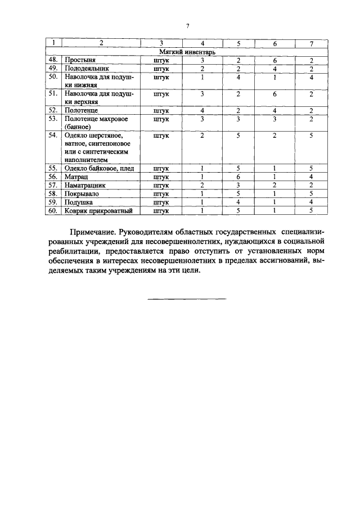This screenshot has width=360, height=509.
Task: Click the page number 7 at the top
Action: [x=187, y=26]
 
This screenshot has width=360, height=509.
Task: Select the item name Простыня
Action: [x=79, y=60]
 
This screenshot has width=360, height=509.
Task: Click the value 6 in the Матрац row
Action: [x=238, y=176]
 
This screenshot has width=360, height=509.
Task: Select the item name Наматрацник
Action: [x=85, y=184]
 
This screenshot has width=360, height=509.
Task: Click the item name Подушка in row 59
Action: [x=79, y=201]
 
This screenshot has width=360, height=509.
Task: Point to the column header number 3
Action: [x=161, y=43]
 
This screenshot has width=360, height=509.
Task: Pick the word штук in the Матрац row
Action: [x=161, y=176]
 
